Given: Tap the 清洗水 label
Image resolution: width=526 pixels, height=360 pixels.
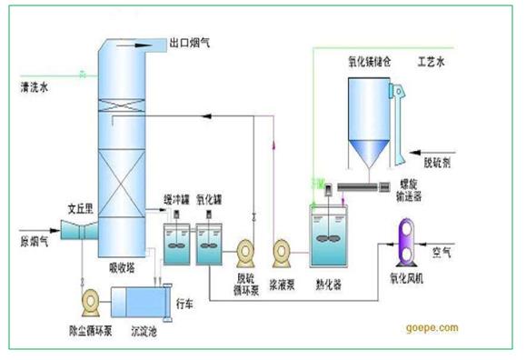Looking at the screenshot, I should (x=37, y=88).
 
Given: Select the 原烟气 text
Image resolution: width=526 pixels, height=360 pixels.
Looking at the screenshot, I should (x=34, y=242).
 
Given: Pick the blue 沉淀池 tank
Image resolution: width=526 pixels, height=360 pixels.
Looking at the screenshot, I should (x=139, y=302).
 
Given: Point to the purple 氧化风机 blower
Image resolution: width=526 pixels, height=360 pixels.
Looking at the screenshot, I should (x=402, y=241).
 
